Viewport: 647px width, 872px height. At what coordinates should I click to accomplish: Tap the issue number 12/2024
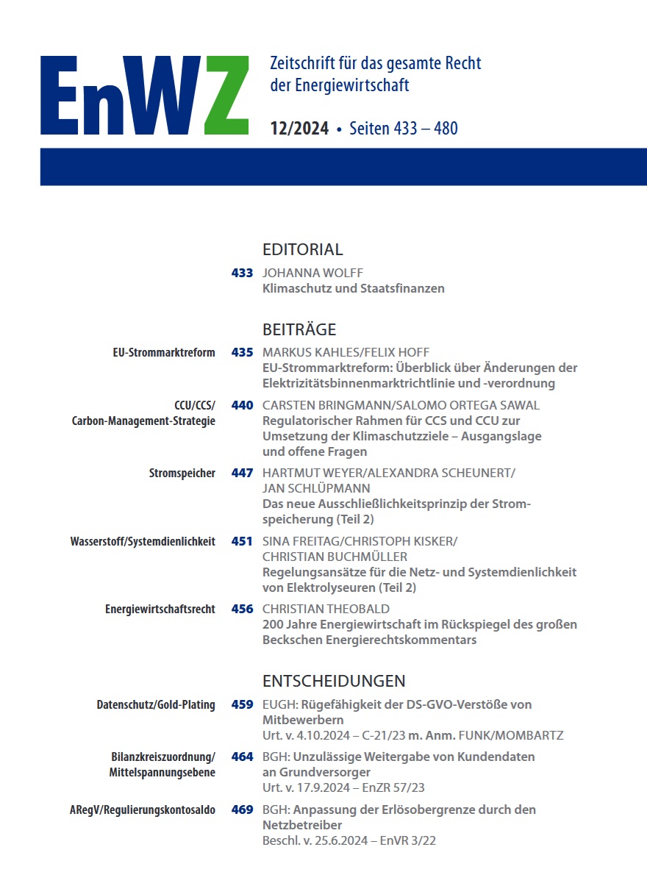pos(299,129)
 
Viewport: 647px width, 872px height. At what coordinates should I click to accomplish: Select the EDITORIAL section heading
pos(302,249)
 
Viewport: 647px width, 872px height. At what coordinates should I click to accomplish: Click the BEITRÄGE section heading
pos(299,329)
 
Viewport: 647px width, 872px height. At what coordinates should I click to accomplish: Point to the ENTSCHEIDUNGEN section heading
pos(334,681)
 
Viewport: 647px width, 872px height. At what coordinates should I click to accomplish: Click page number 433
pos(242,274)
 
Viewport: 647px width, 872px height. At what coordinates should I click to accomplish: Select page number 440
pos(242,405)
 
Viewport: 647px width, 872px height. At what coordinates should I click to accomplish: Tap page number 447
pos(242,473)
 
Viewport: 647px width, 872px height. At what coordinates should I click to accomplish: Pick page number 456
pos(242,609)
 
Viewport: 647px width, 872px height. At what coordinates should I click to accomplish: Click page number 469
pos(242,810)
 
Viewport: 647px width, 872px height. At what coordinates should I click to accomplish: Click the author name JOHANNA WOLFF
pos(312,274)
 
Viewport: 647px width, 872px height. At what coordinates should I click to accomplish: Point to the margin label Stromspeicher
pos(182,473)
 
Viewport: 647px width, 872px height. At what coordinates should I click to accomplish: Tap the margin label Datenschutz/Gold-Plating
pos(156,704)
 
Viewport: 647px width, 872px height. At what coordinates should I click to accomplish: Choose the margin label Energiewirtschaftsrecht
pos(160,609)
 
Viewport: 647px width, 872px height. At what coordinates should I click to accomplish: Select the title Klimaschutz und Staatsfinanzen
pos(353,288)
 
